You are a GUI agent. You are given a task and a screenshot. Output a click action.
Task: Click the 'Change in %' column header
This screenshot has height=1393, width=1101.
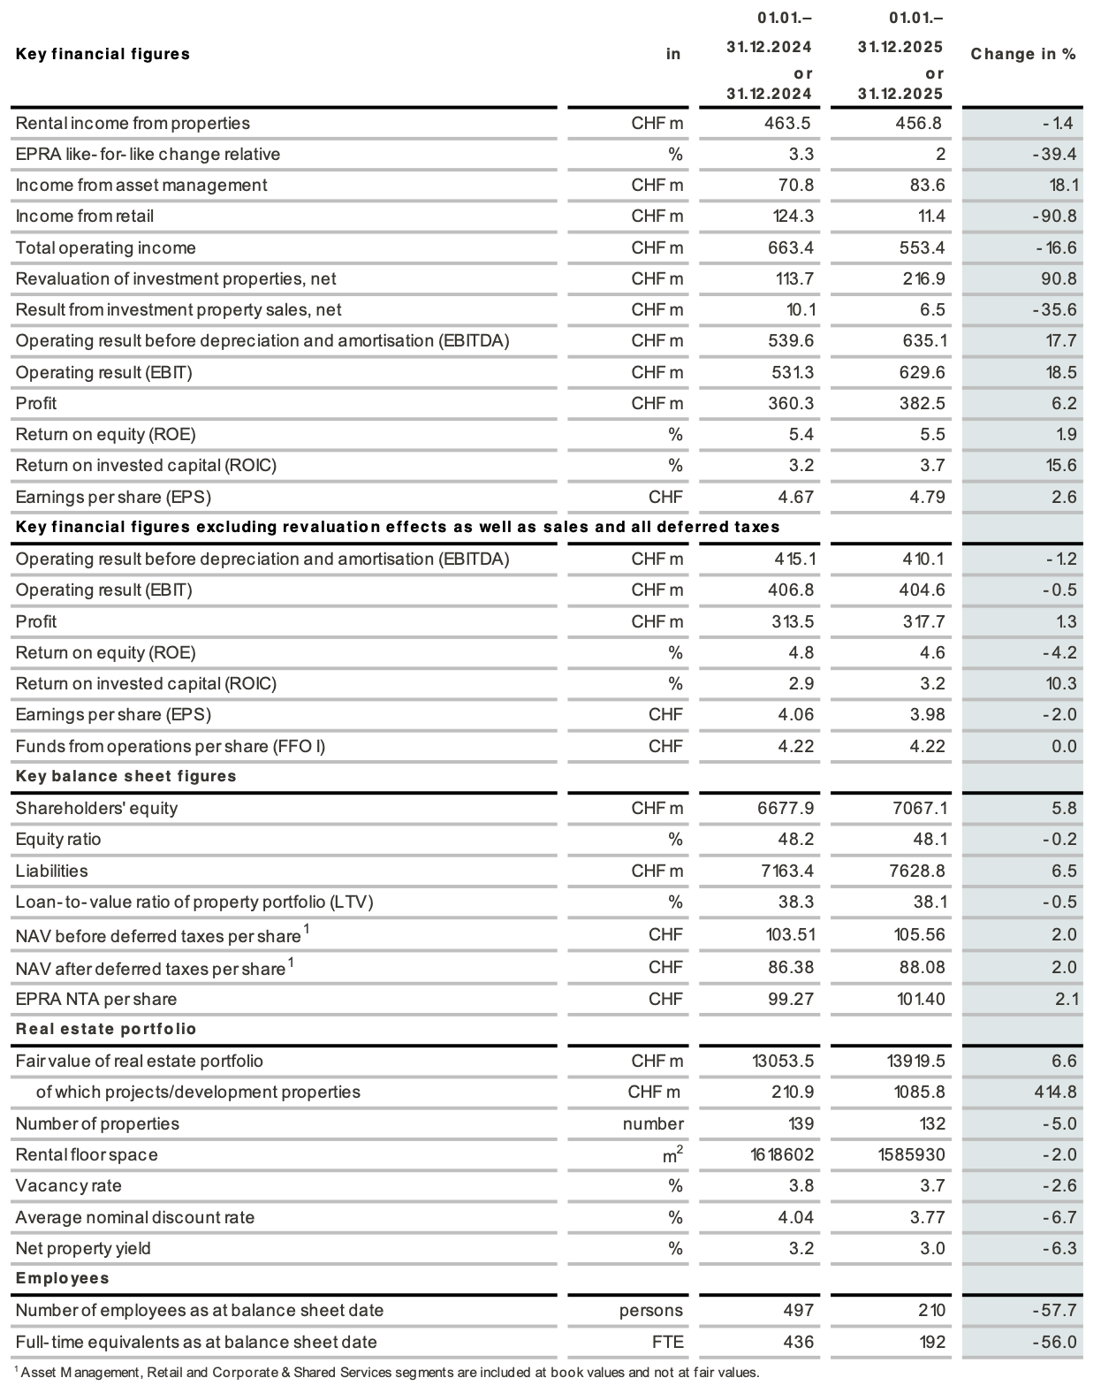coord(1022,54)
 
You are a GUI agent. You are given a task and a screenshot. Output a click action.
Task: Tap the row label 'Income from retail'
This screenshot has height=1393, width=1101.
coord(85,216)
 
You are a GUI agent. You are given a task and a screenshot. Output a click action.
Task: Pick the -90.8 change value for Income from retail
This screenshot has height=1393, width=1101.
coord(1055,216)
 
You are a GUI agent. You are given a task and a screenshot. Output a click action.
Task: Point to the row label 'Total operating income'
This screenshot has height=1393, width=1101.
coord(106,247)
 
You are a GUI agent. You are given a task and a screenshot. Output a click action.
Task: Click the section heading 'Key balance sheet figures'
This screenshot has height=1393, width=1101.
coord(126,776)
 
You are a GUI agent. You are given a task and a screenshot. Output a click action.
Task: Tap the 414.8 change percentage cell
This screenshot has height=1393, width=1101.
coord(1055,1092)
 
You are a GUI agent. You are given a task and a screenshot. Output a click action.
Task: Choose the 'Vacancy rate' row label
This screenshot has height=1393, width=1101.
coord(69,1185)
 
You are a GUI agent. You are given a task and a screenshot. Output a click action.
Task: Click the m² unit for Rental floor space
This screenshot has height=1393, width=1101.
coord(672,1154)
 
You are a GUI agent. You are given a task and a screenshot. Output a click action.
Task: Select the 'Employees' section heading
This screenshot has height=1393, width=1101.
coord(63,1278)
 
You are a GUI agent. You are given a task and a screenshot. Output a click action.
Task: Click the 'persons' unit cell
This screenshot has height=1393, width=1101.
coord(651,1310)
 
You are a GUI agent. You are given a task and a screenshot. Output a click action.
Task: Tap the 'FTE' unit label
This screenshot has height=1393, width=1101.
coord(667,1342)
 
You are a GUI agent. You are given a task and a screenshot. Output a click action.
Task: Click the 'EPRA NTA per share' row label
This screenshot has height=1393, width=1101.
coord(96,999)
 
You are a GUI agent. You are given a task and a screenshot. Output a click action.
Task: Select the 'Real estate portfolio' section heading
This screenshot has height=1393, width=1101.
coord(106,1029)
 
